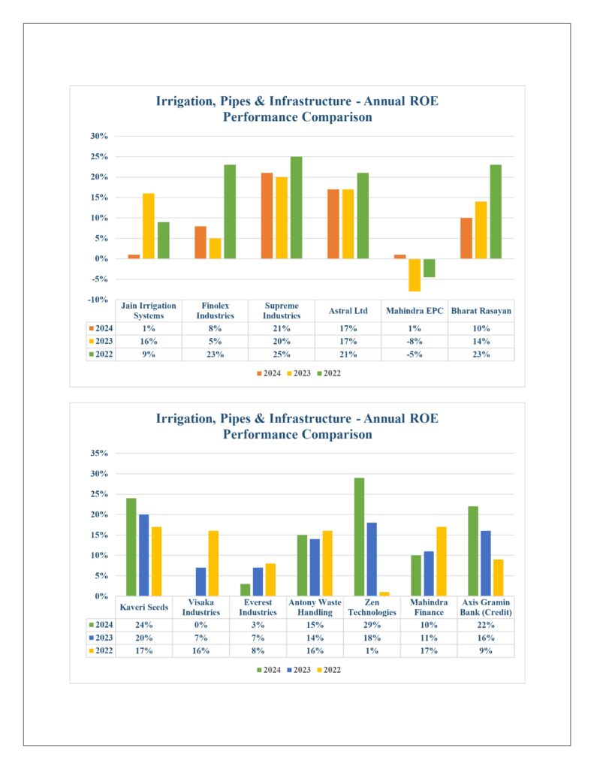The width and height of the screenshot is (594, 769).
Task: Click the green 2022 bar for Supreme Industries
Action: click(x=297, y=207)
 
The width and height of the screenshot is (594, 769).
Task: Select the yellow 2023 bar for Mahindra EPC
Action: click(x=415, y=275)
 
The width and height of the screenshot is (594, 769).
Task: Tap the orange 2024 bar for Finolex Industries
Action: click(x=200, y=243)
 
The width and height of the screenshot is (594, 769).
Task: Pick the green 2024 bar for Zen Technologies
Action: click(x=359, y=537)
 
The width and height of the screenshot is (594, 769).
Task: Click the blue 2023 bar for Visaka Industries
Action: click(x=201, y=582)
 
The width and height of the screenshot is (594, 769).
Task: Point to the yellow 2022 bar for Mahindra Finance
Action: click(x=442, y=562)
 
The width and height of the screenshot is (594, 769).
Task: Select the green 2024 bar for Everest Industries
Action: click(x=246, y=590)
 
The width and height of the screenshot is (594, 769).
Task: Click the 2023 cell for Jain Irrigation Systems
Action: click(x=149, y=342)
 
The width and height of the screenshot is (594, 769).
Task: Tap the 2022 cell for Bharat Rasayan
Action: click(x=481, y=354)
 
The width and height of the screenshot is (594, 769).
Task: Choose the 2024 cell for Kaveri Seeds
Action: click(x=143, y=625)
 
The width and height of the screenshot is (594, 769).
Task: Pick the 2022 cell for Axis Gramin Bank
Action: click(x=486, y=651)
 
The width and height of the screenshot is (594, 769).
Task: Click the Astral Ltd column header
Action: click(x=348, y=311)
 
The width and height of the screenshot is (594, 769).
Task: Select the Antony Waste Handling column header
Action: click(x=315, y=607)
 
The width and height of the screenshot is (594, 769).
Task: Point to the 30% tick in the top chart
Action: click(x=99, y=137)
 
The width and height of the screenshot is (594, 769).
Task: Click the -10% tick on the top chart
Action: click(x=98, y=300)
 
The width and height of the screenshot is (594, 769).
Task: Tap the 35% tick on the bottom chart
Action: click(x=99, y=453)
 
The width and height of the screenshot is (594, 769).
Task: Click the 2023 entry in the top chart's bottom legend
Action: click(x=299, y=373)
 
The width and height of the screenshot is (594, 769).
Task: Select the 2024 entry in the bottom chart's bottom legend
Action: click(x=269, y=670)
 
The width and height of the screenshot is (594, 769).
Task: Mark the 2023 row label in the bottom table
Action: click(x=101, y=638)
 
